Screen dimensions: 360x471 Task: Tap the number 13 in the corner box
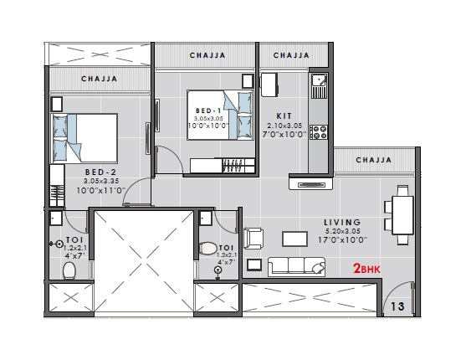pyautogui.click(x=398, y=306)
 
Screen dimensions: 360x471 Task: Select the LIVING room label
pyautogui.click(x=343, y=222)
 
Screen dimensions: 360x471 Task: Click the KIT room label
pyautogui.click(x=284, y=116)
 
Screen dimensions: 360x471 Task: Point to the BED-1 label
pyautogui.click(x=207, y=111)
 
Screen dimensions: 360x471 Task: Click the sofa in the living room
pyautogui.click(x=296, y=267)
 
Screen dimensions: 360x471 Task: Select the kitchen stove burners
pyautogui.click(x=318, y=131)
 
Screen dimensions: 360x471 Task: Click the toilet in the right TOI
pyautogui.click(x=208, y=250)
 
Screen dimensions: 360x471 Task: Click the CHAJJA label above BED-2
pyautogui.click(x=100, y=80)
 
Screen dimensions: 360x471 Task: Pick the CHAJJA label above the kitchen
pyautogui.click(x=291, y=55)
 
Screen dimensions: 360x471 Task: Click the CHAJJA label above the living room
pyautogui.click(x=374, y=159)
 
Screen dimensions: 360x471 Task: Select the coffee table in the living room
pyautogui.click(x=294, y=238)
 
